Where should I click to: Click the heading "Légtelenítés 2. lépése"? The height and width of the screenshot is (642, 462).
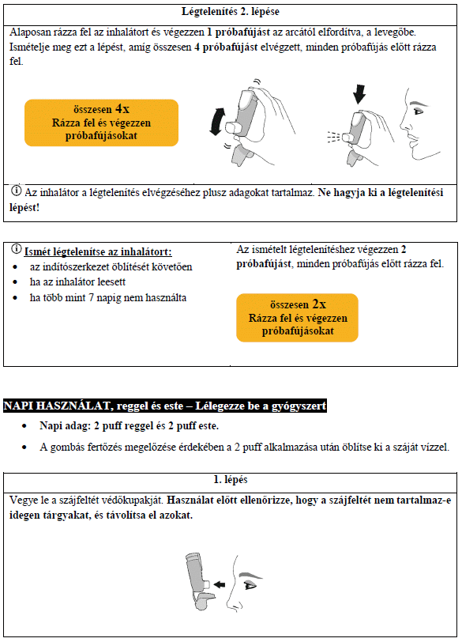click(231, 13)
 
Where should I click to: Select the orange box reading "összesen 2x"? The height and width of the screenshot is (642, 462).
click(297, 317)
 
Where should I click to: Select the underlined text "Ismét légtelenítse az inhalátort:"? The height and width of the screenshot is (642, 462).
click(97, 252)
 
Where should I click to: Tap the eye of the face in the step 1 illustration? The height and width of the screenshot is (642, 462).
click(250, 585)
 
